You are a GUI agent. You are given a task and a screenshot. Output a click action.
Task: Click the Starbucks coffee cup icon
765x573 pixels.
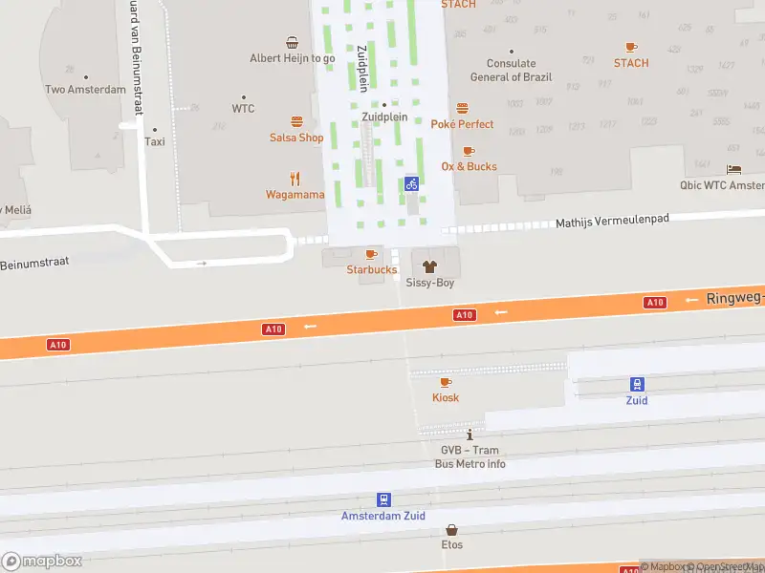coord(371,254)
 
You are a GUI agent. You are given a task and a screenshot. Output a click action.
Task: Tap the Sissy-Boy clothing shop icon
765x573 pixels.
coord(427,266)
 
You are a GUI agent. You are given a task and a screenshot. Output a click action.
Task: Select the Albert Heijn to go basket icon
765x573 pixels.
coord(292,42)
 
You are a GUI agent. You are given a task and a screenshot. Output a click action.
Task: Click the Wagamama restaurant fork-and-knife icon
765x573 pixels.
coord(295,178)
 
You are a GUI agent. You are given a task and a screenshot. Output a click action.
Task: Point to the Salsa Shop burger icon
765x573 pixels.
coord(296,121)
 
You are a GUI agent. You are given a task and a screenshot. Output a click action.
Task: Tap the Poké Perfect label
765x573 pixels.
coord(462,124)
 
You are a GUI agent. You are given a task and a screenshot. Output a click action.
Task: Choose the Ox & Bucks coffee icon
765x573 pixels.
coord(469,151)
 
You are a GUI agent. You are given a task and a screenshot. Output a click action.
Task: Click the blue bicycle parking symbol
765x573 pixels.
coord(411,183)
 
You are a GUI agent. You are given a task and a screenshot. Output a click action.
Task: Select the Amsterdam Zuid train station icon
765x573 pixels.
coord(383,499)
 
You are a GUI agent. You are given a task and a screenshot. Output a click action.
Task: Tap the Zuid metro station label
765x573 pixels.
coord(637,400)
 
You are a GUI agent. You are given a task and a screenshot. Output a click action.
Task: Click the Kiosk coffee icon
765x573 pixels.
coord(446,382)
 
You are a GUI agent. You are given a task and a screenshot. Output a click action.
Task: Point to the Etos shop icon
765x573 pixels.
coord(451,529)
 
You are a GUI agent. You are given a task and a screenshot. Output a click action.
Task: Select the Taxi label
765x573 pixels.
coord(155,141)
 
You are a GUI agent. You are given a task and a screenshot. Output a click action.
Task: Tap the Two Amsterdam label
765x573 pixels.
coord(85,90)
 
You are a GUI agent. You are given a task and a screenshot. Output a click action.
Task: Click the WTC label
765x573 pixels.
coord(243,109)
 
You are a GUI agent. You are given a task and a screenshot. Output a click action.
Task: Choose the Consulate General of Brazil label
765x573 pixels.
coord(510,71)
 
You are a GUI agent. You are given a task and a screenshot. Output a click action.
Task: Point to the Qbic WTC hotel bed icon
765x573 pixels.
coord(733,169)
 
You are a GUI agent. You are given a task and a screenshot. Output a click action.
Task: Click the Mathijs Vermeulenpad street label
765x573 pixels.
coord(612,221)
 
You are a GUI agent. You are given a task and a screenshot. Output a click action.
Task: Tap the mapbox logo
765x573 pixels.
coord(42,562)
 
